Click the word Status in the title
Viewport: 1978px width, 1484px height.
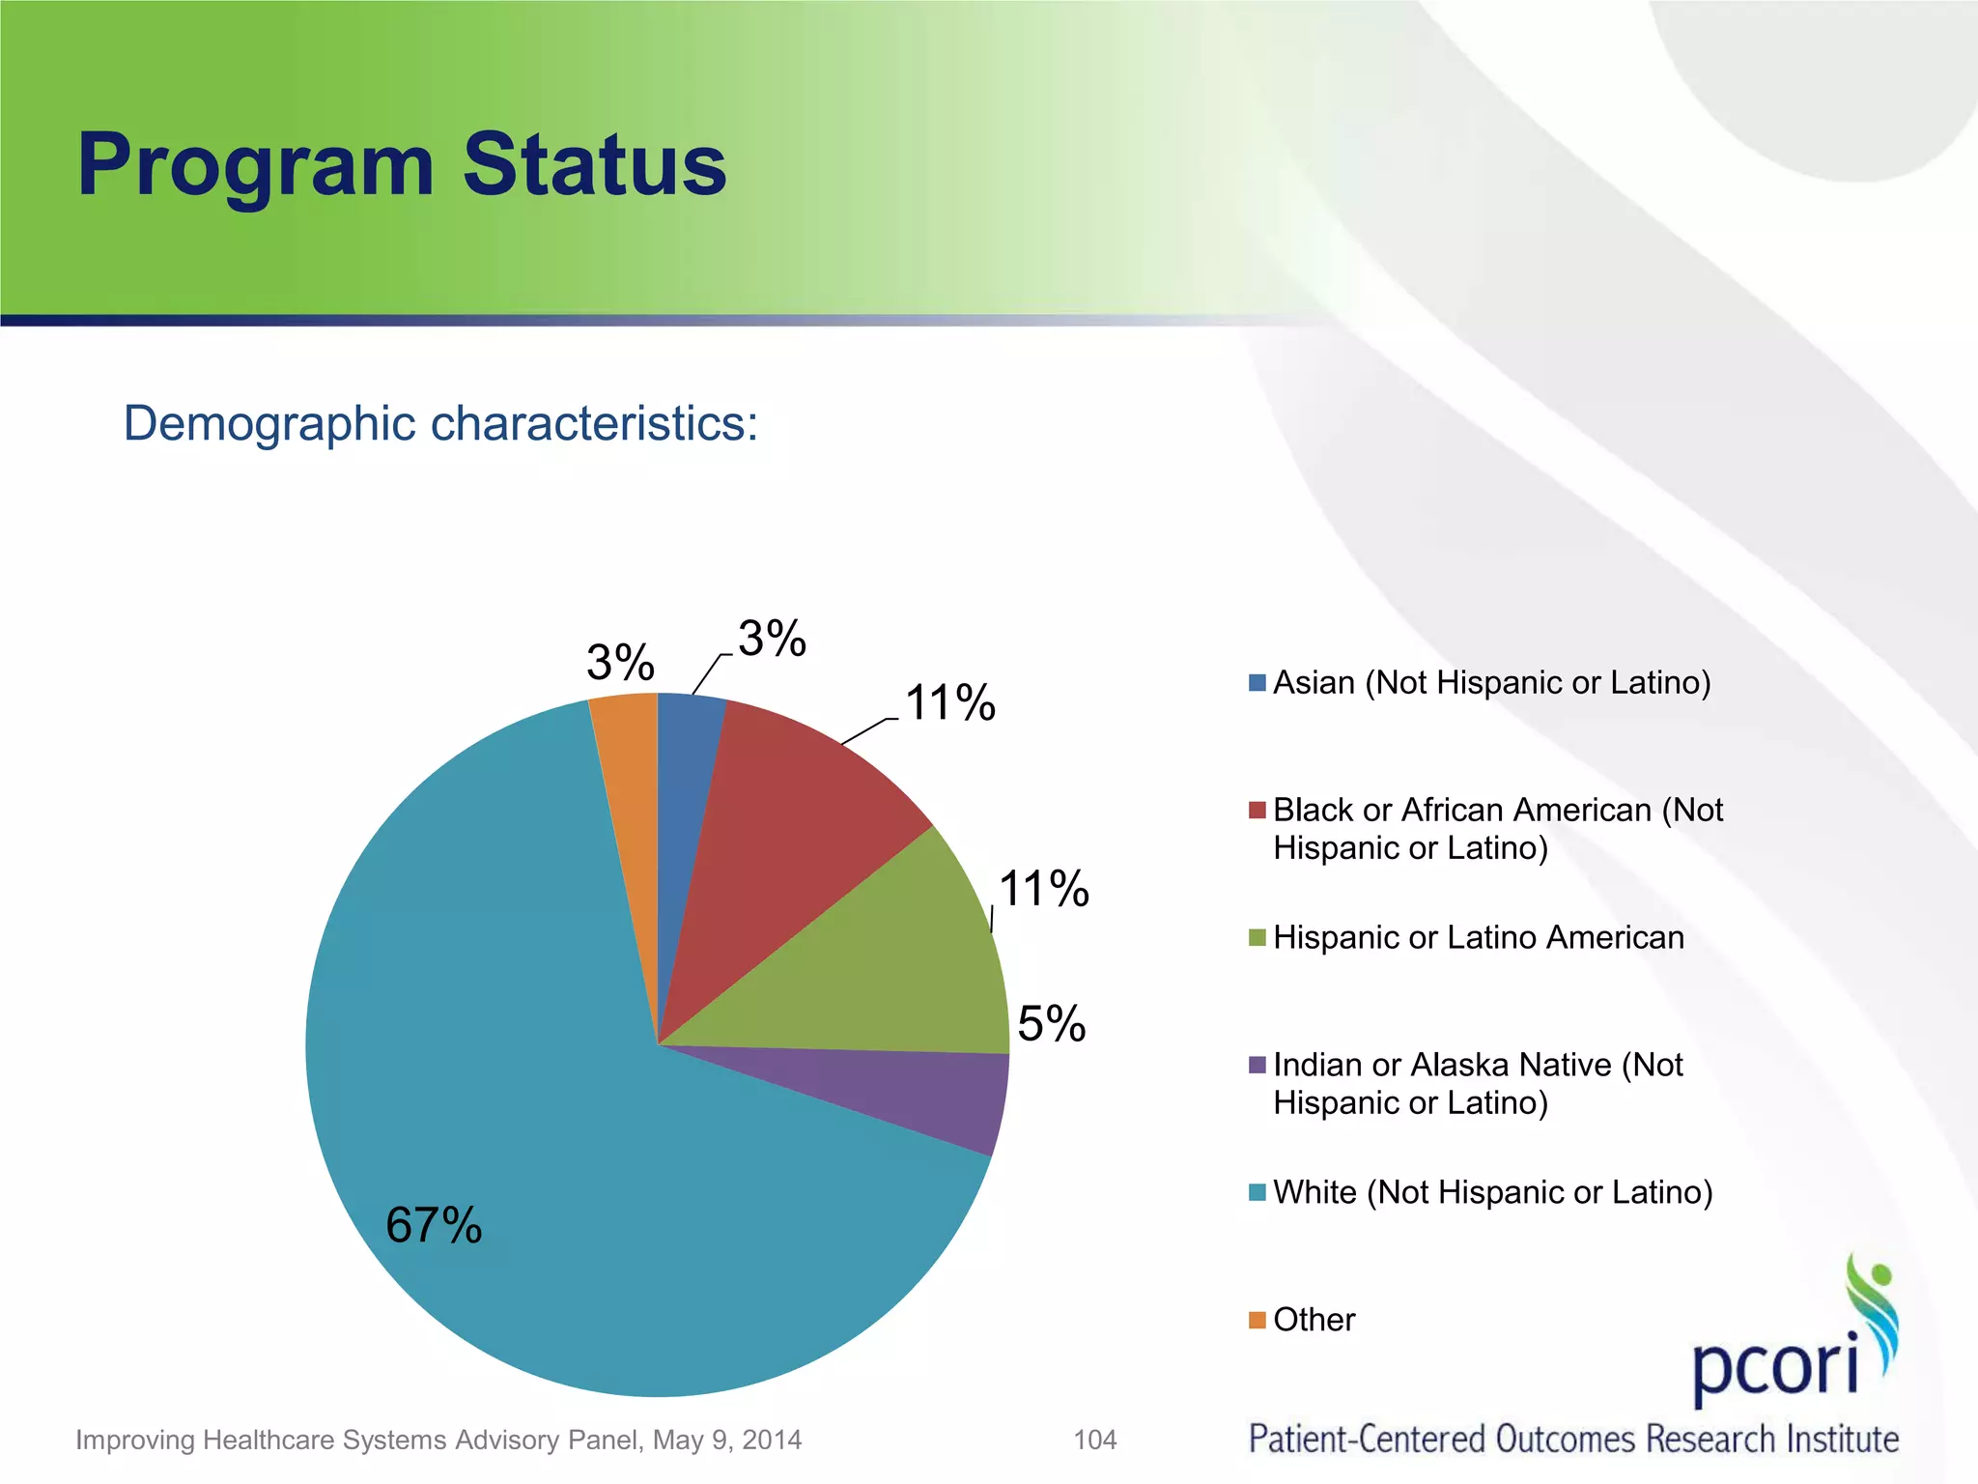pos(594,165)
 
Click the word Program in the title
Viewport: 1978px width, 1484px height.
pos(256,165)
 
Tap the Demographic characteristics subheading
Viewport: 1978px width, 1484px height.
pos(440,423)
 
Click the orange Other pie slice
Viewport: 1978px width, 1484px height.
pos(628,773)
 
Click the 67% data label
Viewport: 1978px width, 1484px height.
pos(434,1225)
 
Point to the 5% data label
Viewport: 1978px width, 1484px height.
pos(1051,1023)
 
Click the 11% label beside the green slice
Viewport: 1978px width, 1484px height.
pos(1043,888)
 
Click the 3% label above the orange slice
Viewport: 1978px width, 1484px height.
pos(620,663)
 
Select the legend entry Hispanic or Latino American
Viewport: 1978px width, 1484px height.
pos(1478,937)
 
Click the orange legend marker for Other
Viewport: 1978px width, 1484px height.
pos(1257,1320)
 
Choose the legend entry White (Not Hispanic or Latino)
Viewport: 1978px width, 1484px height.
pos(1492,1192)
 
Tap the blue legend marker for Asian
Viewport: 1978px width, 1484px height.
pos(1257,683)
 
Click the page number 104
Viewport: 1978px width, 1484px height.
pos(1095,1440)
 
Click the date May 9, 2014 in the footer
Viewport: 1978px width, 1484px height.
pos(726,1440)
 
